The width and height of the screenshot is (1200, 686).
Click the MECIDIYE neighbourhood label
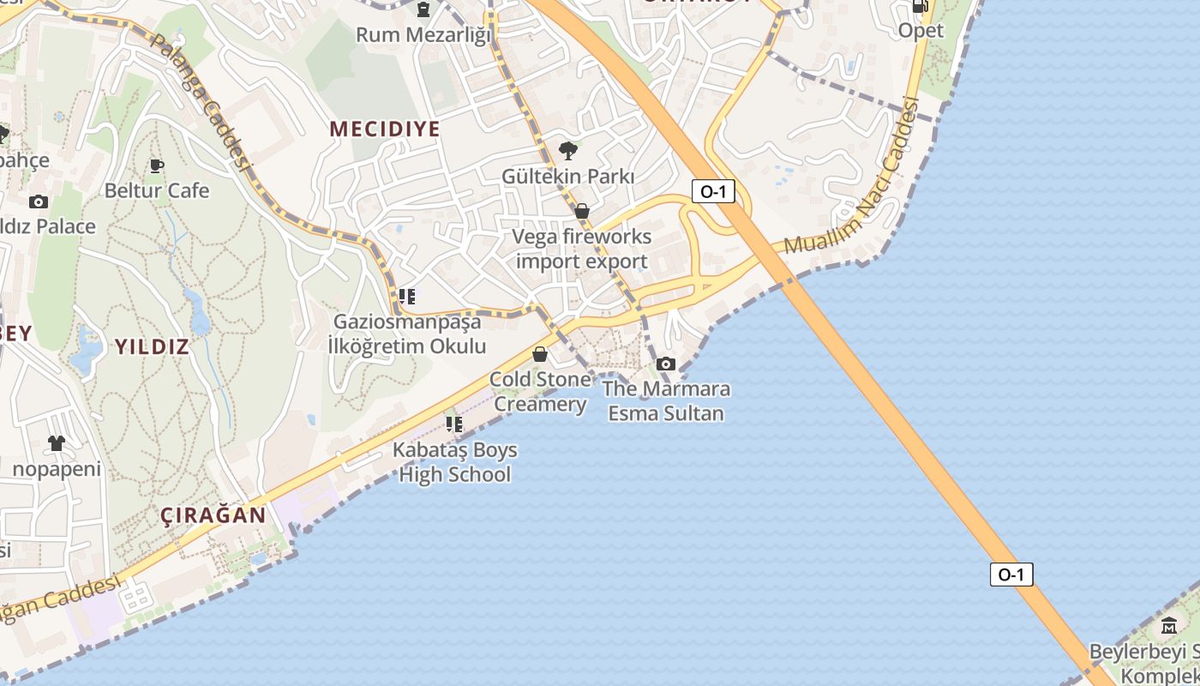(x=385, y=129)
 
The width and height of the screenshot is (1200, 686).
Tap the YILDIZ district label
(x=152, y=347)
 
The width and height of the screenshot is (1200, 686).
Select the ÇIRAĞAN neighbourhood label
(x=213, y=515)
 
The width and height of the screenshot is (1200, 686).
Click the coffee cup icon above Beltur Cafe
(x=156, y=165)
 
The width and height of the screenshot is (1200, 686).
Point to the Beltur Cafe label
(x=157, y=190)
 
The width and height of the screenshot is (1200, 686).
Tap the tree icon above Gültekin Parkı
(x=567, y=152)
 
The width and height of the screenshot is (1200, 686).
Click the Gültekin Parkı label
(x=568, y=177)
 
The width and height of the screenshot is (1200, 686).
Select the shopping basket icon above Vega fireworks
(x=582, y=211)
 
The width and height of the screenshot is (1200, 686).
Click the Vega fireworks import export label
(x=582, y=249)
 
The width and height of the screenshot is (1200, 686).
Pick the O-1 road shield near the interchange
(x=713, y=192)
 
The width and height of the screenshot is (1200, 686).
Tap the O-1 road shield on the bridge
(x=1011, y=575)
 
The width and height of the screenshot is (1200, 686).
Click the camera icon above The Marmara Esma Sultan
(x=666, y=364)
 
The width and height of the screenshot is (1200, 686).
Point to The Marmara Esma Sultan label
(x=666, y=401)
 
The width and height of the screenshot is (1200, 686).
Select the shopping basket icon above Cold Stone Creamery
(x=540, y=354)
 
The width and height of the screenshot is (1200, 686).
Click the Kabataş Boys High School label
(x=455, y=462)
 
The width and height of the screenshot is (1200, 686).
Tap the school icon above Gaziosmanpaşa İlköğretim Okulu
(x=407, y=298)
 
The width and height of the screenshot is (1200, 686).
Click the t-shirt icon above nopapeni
(x=57, y=443)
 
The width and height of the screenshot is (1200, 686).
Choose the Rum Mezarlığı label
(x=424, y=35)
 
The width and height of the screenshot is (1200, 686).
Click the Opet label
(x=921, y=31)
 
